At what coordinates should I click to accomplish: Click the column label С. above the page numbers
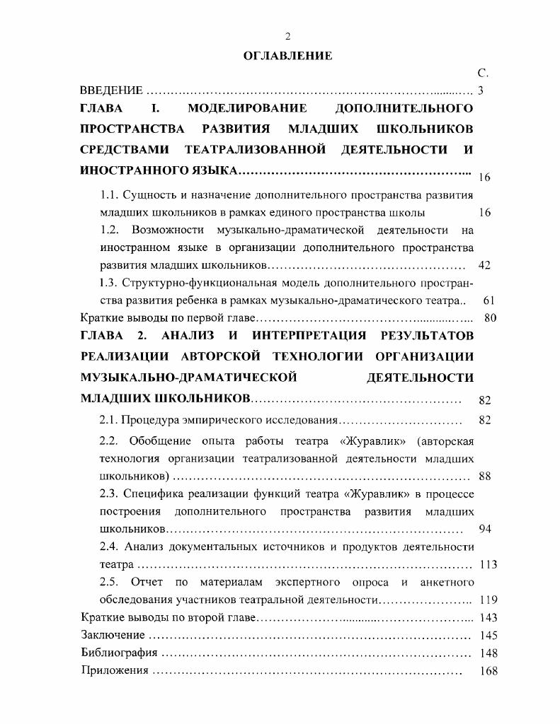pos(483,74)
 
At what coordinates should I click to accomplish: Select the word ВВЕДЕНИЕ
pos(112,90)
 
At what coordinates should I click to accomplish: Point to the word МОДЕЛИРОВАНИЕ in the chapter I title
pos(247,109)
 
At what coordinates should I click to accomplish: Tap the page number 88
pos(484,476)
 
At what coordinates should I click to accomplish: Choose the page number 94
pos(484,529)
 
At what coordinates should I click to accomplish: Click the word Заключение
pos(113,635)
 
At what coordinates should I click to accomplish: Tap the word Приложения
pos(115,670)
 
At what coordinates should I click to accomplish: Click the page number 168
pos(488,671)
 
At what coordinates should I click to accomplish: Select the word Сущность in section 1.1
pos(145,194)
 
